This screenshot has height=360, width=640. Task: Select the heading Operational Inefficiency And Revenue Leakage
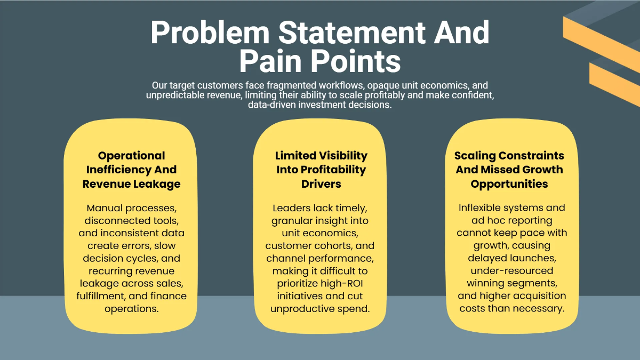click(x=131, y=170)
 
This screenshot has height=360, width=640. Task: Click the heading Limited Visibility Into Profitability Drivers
click(x=321, y=170)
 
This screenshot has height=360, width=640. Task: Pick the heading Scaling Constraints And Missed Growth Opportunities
click(x=509, y=170)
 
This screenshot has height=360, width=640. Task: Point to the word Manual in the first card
click(x=105, y=207)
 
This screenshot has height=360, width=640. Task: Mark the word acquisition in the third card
click(x=540, y=296)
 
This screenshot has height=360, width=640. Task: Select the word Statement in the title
click(x=352, y=33)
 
